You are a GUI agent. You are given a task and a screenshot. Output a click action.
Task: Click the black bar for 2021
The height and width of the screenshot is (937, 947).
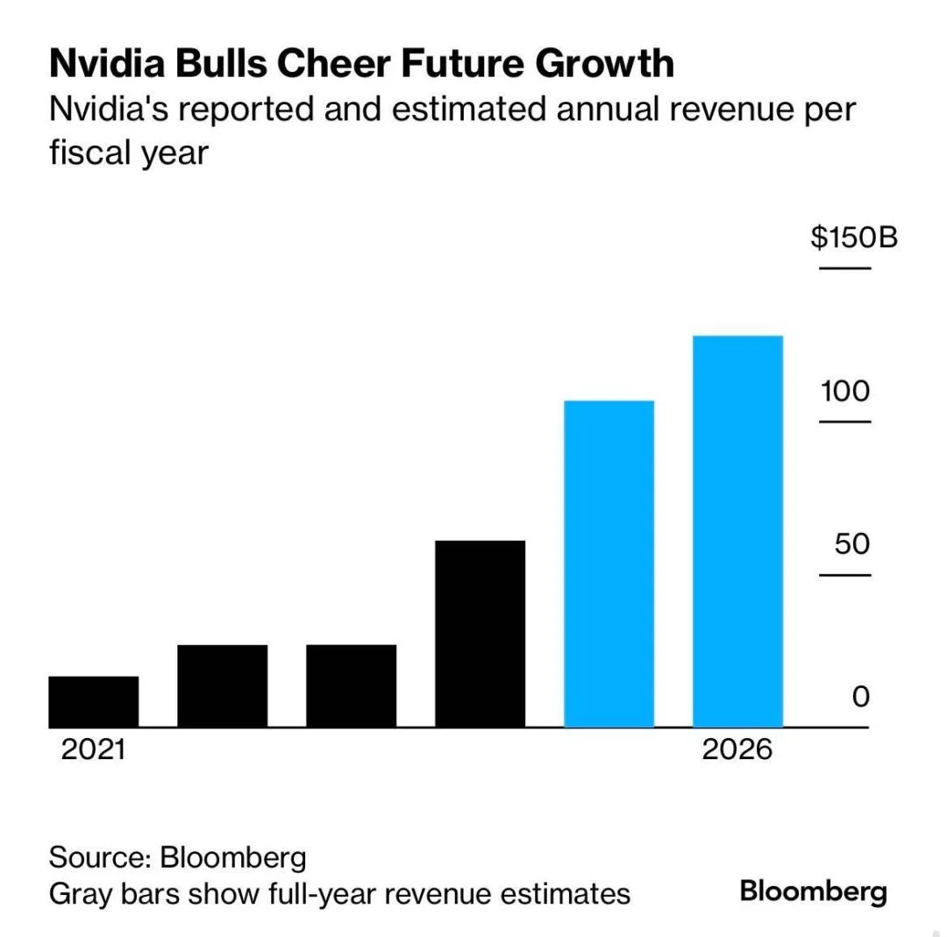(x=93, y=701)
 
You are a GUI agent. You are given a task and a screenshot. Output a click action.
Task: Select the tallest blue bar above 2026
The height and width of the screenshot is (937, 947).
(x=737, y=531)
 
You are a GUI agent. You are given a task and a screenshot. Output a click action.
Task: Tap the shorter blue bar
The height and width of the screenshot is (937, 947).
(x=609, y=564)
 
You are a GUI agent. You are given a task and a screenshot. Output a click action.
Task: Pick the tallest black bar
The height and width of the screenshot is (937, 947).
(x=480, y=634)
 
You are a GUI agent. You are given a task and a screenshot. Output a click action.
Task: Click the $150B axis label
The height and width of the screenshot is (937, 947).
(x=853, y=238)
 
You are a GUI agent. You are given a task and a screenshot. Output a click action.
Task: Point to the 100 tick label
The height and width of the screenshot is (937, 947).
(x=845, y=391)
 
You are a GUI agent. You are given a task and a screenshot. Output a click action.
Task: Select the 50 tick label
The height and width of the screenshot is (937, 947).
(x=852, y=544)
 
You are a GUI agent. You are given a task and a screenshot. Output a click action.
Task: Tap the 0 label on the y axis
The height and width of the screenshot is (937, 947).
(x=861, y=698)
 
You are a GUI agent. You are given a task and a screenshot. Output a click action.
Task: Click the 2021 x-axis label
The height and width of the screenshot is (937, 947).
(x=93, y=750)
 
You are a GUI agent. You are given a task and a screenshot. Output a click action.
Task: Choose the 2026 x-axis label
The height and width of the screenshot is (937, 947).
(x=737, y=750)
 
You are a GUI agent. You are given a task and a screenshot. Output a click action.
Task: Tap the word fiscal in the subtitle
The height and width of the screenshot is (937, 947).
(x=87, y=153)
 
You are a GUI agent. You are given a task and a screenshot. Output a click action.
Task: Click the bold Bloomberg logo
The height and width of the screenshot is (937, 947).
(x=813, y=892)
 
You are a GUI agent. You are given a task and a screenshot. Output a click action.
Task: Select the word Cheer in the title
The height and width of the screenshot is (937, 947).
(x=352, y=64)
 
